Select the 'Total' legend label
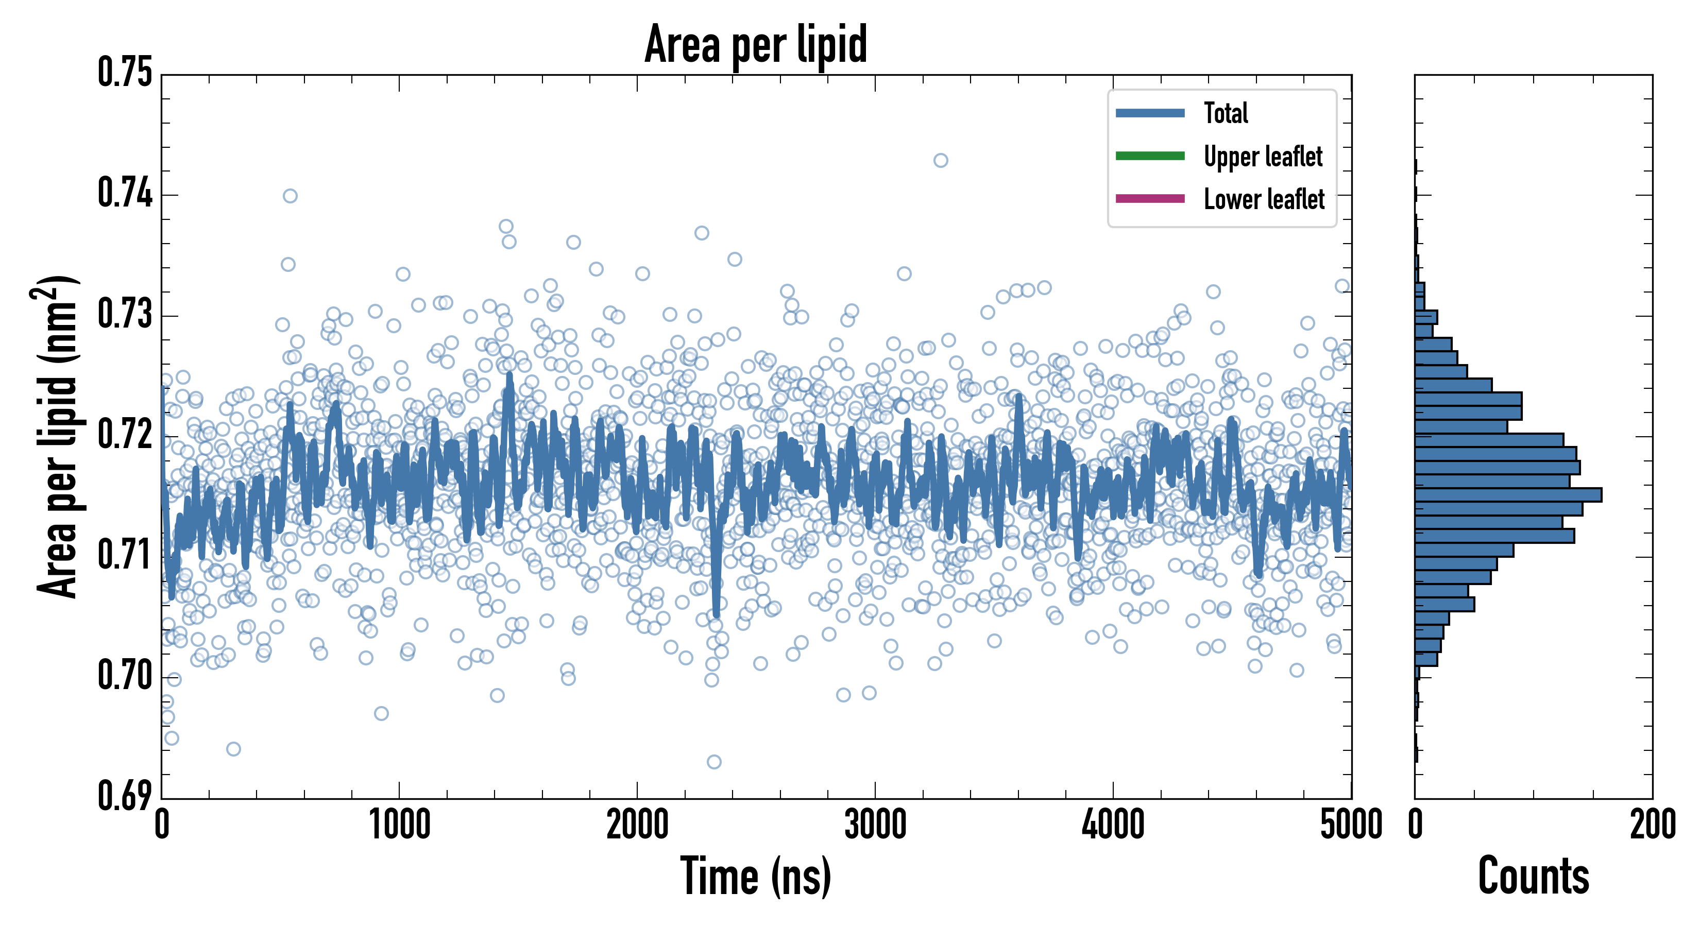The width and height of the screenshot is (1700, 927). pos(1226,113)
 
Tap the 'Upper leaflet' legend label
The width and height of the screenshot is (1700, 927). pos(1263,157)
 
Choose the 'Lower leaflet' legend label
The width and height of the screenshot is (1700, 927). pos(1264,199)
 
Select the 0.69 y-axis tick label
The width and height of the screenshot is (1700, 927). pos(125,796)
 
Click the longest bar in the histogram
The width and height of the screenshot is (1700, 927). pos(1508,495)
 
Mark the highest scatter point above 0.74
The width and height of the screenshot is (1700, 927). pos(941,160)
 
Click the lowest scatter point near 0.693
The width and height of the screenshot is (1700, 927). pos(713,762)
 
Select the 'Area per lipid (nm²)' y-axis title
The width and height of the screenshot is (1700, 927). pos(57,437)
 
